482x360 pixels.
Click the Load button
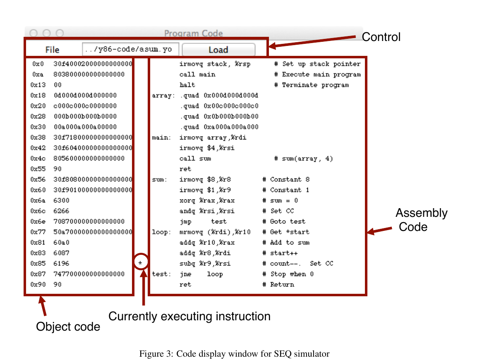click(x=218, y=50)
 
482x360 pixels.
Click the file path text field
click(x=130, y=49)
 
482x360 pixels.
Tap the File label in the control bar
click(x=52, y=50)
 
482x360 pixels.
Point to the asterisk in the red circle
click(x=140, y=263)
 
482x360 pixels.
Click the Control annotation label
click(x=381, y=37)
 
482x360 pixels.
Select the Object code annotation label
click(x=68, y=327)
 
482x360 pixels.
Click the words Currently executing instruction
click(x=189, y=317)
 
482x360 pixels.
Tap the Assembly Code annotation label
click(x=422, y=220)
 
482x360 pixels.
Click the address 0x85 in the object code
click(x=38, y=264)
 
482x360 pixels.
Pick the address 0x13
click(x=38, y=85)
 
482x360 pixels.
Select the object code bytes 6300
click(x=61, y=200)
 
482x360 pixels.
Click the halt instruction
click(x=187, y=85)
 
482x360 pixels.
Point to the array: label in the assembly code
click(x=163, y=96)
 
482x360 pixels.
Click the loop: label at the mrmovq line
click(x=161, y=232)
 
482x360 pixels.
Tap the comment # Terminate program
click(x=312, y=85)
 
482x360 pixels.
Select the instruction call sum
click(x=195, y=158)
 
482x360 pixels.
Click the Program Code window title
click(x=193, y=33)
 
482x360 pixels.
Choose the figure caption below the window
click(x=234, y=353)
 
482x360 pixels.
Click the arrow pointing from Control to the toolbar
click(x=312, y=42)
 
